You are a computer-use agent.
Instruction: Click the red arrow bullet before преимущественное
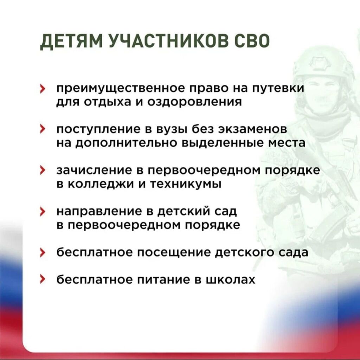point(42,89)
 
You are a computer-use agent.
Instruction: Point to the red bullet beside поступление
point(42,129)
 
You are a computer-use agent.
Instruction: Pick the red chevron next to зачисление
point(42,171)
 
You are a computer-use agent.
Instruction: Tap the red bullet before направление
point(42,212)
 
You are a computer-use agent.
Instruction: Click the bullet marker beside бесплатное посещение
point(42,253)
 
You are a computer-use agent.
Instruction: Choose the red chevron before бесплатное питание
point(42,280)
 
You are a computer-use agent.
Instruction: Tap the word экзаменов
point(252,129)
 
